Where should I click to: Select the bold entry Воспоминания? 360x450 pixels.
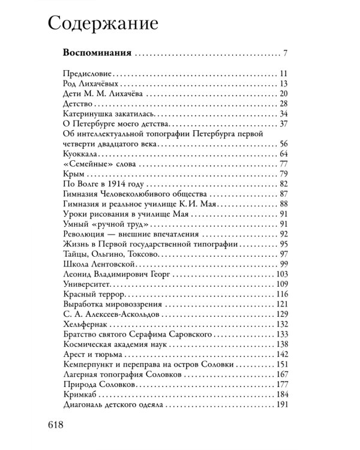coord(97,53)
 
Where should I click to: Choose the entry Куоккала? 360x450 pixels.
coord(82,155)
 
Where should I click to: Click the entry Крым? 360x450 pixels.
coord(71,175)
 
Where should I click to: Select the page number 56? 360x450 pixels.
coord(286,145)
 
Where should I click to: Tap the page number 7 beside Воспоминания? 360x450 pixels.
coord(288,53)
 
